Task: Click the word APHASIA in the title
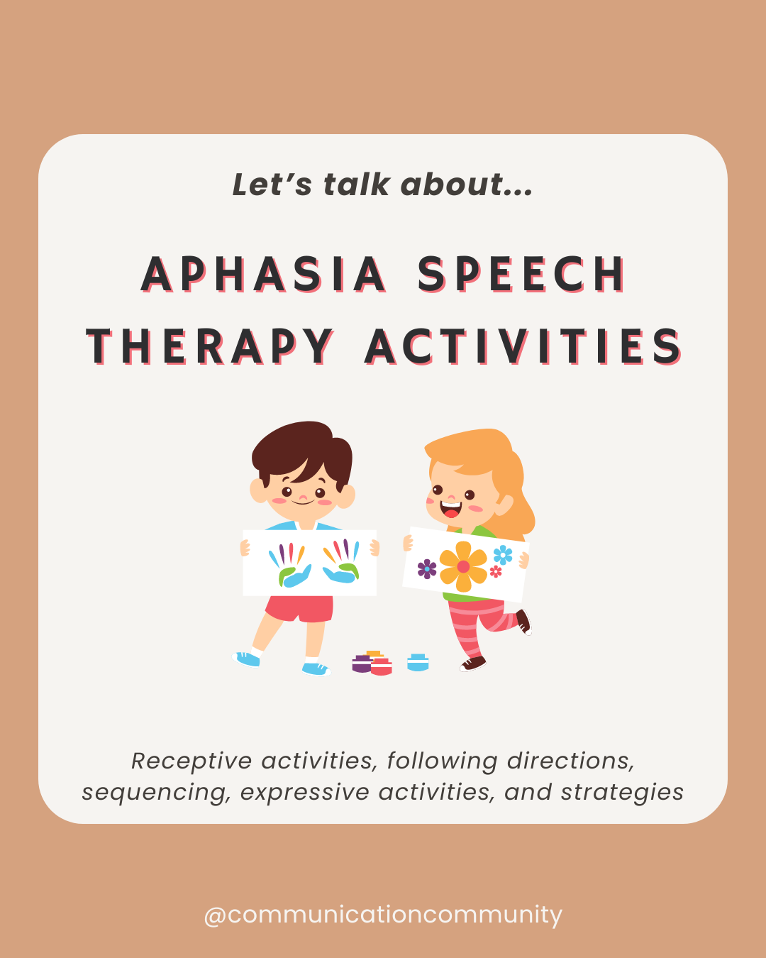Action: coord(264,275)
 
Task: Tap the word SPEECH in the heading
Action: coord(521,275)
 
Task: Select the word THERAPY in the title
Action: coord(210,347)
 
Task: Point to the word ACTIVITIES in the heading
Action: coord(523,347)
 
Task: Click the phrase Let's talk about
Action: coord(382,185)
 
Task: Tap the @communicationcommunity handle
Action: coord(383,914)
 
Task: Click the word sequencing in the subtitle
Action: coord(156,792)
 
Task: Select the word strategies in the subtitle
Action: coord(622,792)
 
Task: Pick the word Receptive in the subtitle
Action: coord(191,761)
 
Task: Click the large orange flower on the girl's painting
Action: coord(463,566)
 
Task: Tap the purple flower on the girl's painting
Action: coord(426,568)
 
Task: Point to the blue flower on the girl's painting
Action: coord(503,554)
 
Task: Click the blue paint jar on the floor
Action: coord(418,663)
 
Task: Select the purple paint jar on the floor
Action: coord(361,665)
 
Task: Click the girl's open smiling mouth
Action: coord(450,510)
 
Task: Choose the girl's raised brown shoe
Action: coord(523,622)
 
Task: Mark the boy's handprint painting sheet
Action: coord(310,562)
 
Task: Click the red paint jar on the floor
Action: coord(382,667)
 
